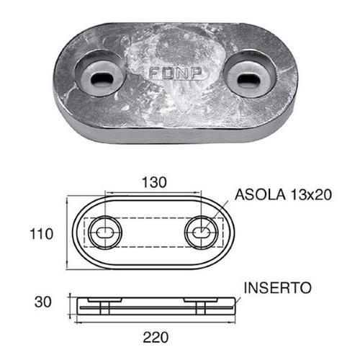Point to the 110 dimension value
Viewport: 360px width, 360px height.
pyautogui.click(x=42, y=234)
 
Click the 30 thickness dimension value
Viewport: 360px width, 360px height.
pyautogui.click(x=44, y=302)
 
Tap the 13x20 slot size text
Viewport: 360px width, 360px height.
pyautogui.click(x=312, y=195)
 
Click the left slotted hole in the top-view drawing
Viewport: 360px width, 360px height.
pyautogui.click(x=104, y=233)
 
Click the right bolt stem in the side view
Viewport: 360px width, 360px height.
pyautogui.click(x=202, y=307)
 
